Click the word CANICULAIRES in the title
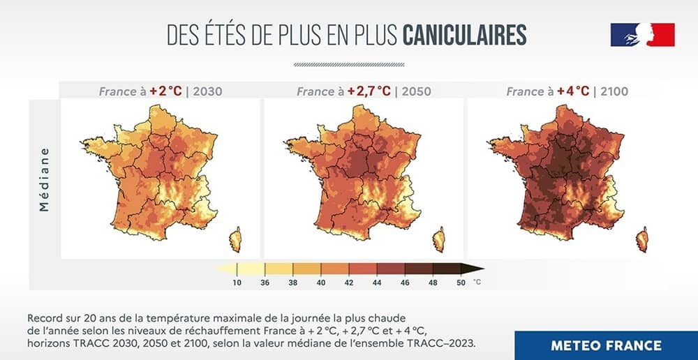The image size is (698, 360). (465, 35)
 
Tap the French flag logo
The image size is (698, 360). (642, 35)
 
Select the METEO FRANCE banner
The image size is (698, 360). (606, 345)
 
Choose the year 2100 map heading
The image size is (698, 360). (614, 91)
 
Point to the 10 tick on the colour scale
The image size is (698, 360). (237, 283)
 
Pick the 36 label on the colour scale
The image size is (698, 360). (265, 283)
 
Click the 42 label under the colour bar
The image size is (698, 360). (349, 283)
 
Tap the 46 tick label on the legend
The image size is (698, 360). (405, 283)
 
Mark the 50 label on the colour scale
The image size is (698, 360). (461, 283)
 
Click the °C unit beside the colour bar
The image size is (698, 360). (477, 283)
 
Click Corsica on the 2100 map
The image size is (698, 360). (641, 239)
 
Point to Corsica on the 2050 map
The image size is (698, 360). (439, 239)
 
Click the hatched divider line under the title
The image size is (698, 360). (348, 64)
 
